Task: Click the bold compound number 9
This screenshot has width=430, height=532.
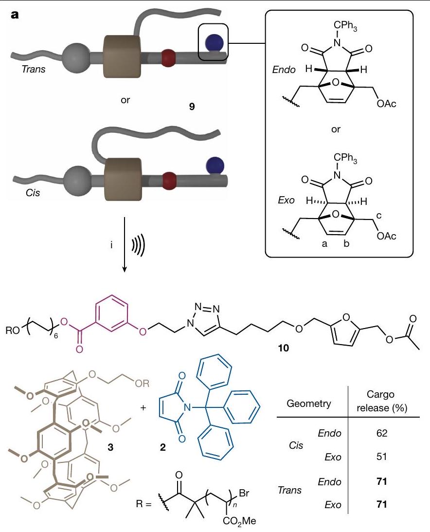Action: tap(192, 105)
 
